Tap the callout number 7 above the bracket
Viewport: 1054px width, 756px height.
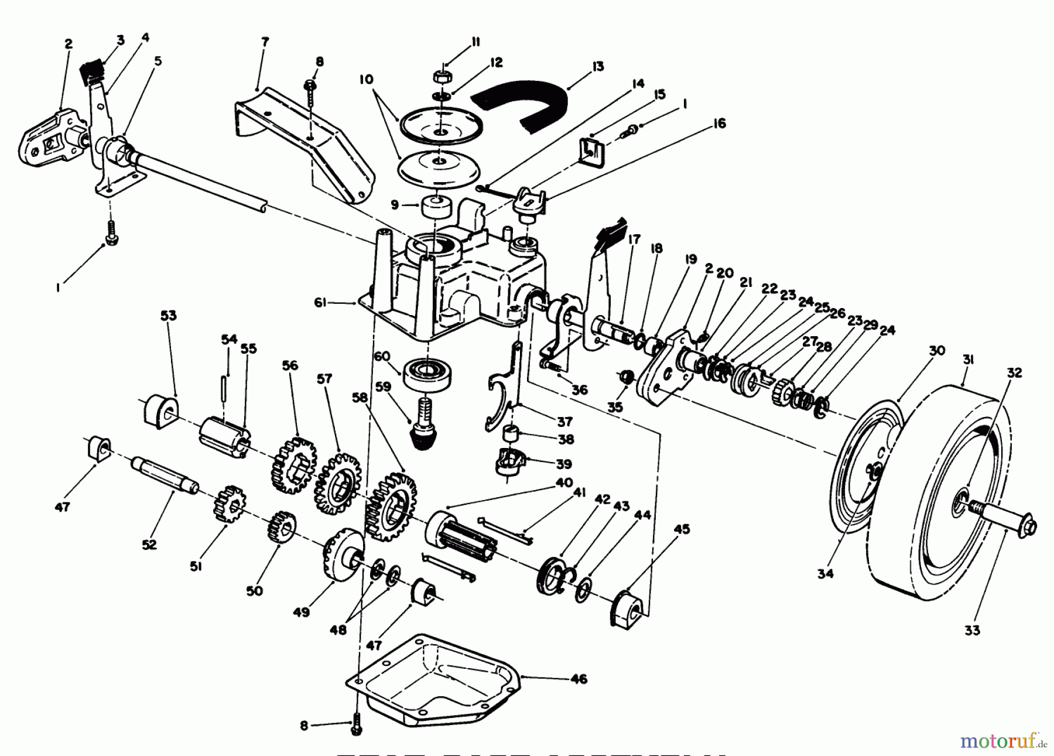(x=265, y=42)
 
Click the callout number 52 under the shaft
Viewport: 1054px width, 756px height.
(x=149, y=545)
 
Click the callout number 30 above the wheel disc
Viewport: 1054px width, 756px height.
(x=937, y=351)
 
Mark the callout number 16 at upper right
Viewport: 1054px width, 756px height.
(x=719, y=124)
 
